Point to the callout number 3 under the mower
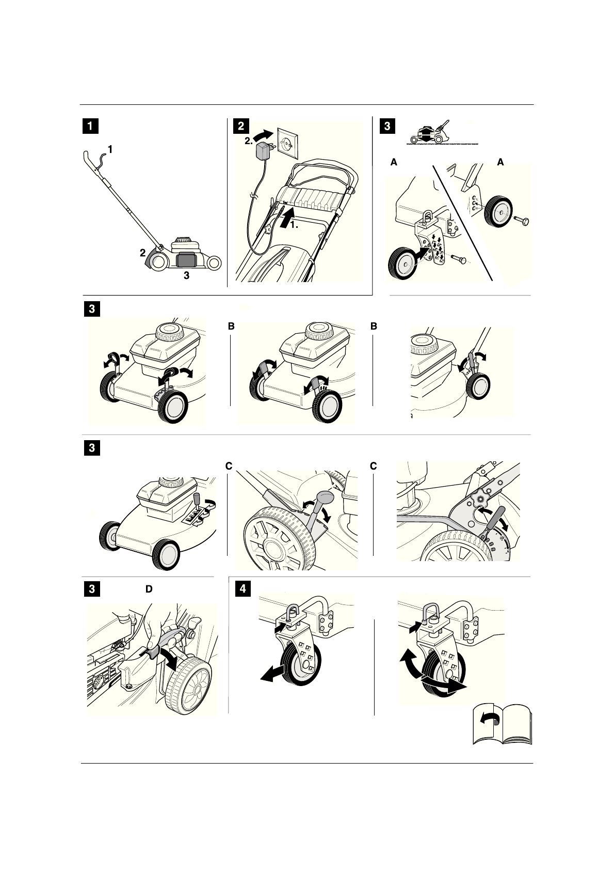[187, 276]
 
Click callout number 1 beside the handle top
[110, 149]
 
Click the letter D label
[149, 589]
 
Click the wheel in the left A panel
[402, 263]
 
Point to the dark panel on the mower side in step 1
[186, 260]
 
